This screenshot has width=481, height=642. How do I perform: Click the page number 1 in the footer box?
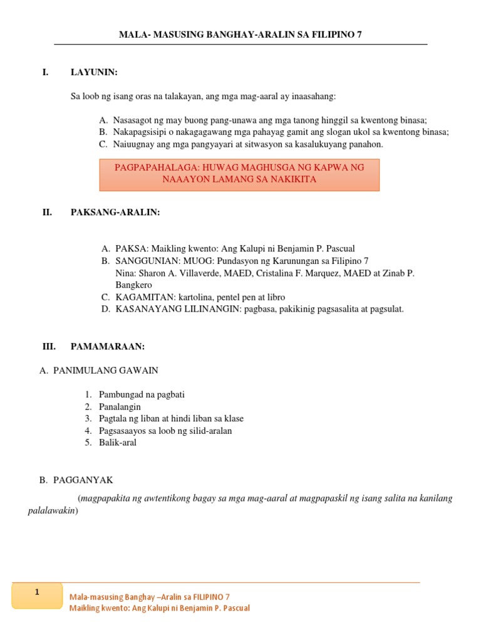pos(37,592)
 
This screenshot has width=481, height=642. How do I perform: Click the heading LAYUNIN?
pos(94,73)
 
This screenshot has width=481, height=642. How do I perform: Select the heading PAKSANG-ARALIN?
pos(115,213)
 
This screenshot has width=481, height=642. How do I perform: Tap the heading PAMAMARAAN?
pos(108,346)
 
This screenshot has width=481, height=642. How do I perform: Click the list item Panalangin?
pos(120,406)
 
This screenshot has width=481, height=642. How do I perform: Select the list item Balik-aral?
pos(117,442)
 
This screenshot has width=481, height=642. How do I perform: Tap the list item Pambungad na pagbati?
pos(142,394)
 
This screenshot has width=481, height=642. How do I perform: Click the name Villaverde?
pos(195,273)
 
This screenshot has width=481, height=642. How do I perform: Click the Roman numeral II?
pos(46,213)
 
